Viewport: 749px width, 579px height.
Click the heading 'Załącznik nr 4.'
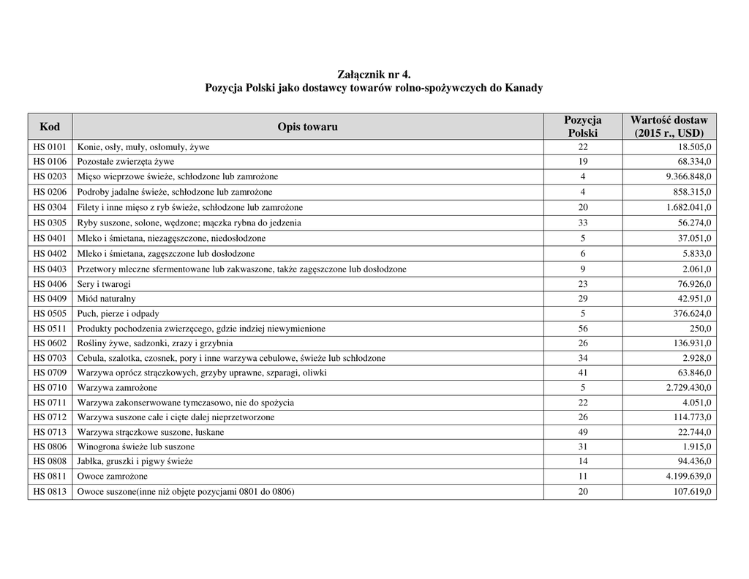pos(374,75)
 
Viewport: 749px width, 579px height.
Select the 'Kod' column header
pos(50,127)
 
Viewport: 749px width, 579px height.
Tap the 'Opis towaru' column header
pos(307,127)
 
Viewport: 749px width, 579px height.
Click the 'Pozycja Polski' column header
pos(582,127)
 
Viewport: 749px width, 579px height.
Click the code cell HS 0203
pos(50,176)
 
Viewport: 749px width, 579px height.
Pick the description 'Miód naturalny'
pos(107,299)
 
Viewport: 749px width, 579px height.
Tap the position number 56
pos(582,329)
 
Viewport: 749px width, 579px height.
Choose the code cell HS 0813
pos(50,492)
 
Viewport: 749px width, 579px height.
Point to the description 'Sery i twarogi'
pos(105,283)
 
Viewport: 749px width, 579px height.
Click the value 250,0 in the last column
pos(700,329)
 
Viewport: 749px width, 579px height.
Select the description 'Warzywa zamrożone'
pos(117,387)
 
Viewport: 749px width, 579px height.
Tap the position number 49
pos(582,432)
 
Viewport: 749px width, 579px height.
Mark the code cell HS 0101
pos(50,146)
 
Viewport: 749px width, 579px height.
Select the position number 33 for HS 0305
pos(582,223)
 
